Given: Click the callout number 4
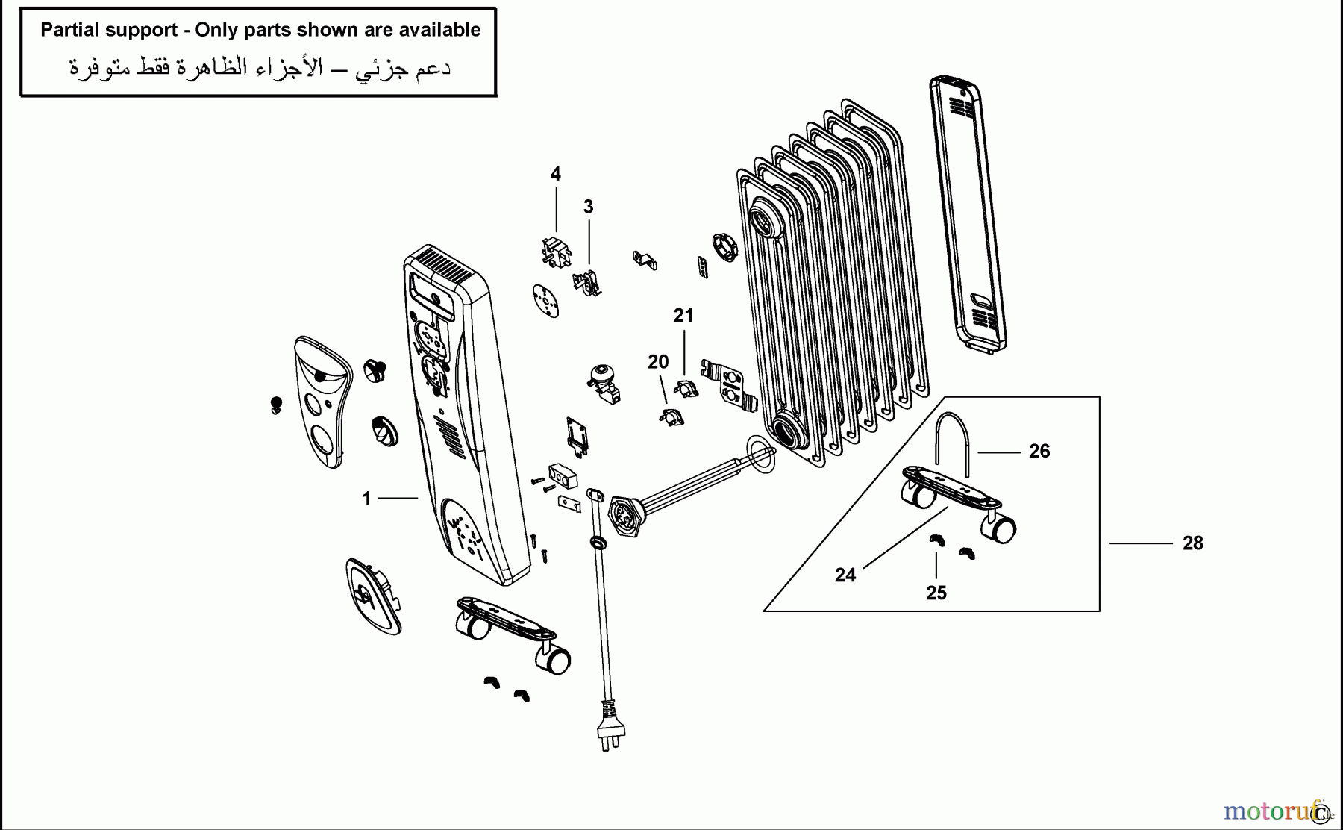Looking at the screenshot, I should point(555,175).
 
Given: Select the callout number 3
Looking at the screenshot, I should point(588,207).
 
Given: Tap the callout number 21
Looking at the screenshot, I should point(683,316).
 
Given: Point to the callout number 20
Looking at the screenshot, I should point(657,362).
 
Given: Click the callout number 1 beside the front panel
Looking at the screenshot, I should point(366,499).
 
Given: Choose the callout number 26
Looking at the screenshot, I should point(1039,452).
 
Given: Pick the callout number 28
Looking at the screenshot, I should point(1192,543).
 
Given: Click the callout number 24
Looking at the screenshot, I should point(845,575).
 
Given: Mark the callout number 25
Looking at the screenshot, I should point(936,593).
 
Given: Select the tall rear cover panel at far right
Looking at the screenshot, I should point(967,213).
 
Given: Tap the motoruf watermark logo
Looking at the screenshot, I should point(1268,811).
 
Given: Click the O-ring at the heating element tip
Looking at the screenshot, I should point(761,455).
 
